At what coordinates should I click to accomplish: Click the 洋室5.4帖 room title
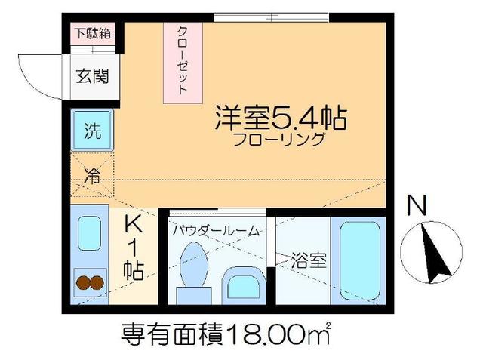coord(281,118)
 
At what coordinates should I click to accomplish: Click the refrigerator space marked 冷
coord(91,179)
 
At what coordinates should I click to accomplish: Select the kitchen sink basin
coord(90,234)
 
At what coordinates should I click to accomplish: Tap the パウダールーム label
coord(215,230)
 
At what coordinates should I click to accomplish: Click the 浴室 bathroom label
coord(309,260)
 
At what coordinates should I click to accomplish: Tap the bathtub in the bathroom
coord(358,261)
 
